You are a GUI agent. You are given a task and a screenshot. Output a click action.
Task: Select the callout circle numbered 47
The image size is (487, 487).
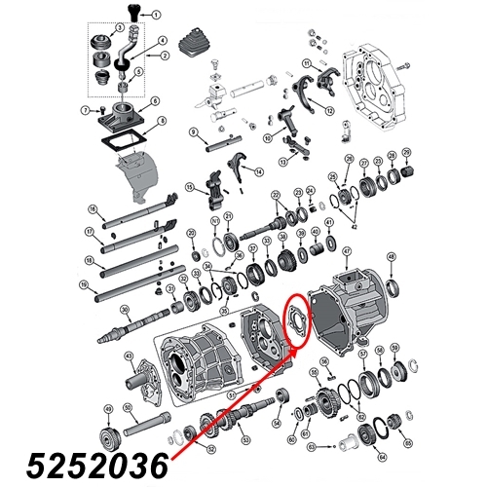coord(346,251)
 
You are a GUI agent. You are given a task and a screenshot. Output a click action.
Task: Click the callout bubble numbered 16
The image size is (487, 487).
coord(91,209)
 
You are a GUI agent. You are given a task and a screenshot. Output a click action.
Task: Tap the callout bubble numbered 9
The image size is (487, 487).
coord(194,131)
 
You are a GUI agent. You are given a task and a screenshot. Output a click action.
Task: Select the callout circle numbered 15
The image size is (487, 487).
coord(190,186)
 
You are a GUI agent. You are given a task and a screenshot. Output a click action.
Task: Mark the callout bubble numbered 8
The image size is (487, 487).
coord(162,120)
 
